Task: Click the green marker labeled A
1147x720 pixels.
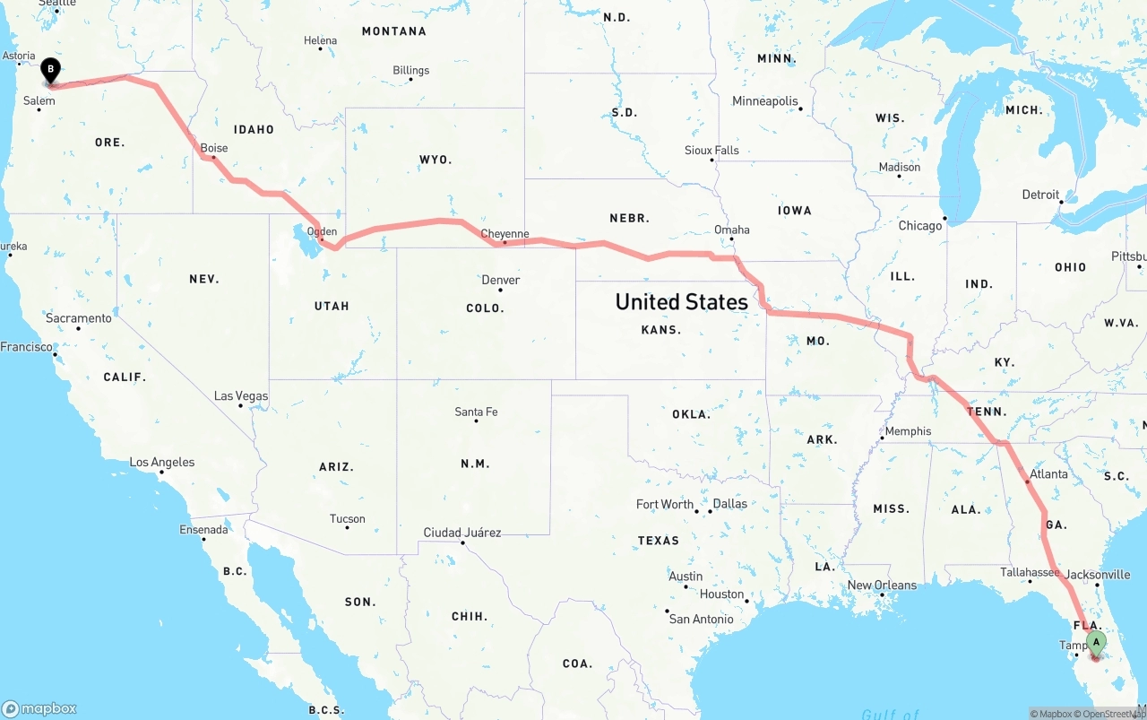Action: point(1095,642)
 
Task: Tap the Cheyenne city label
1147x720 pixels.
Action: point(505,234)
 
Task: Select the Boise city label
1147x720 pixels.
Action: point(214,148)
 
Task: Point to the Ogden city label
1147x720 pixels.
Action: point(322,231)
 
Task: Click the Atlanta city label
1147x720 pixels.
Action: point(1048,474)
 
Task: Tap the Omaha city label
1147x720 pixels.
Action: point(731,230)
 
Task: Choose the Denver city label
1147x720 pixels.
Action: point(501,280)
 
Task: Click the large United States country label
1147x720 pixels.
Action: point(681,302)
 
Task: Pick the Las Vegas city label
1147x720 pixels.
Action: point(240,395)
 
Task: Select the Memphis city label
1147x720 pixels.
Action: point(908,431)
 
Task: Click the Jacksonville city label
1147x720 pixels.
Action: point(1098,574)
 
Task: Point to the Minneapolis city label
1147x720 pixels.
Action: point(764,101)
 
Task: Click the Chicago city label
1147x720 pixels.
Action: point(920,225)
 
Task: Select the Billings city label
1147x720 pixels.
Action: point(410,70)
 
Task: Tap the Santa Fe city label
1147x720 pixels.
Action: point(476,412)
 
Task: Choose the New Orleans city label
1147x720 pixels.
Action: point(882,586)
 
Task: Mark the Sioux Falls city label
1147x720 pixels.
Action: point(711,150)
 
